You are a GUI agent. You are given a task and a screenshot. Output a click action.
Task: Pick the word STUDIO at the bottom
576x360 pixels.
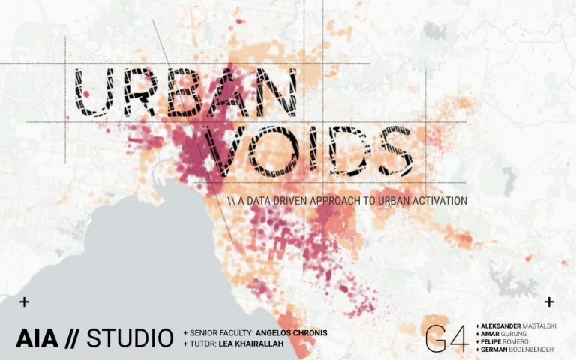coord(130,338)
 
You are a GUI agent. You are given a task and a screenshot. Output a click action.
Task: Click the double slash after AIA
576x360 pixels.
coord(71,338)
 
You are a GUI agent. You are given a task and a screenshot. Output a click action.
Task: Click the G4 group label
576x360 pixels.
coord(447,337)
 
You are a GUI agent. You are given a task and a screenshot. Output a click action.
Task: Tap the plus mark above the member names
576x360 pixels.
coord(549,301)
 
